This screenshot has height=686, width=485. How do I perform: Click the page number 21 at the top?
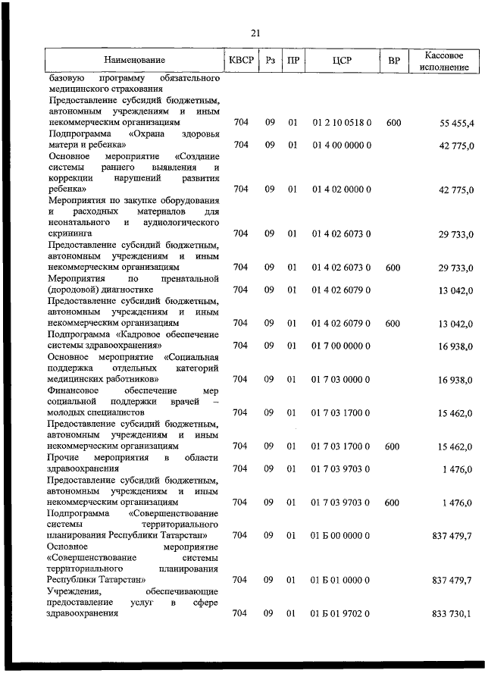coord(255,32)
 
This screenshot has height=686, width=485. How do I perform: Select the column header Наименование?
coord(135,60)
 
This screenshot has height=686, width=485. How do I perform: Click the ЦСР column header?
coord(341,60)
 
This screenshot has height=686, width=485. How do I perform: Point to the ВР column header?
coord(393,60)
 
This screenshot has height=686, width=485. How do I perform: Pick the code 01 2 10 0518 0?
coord(341,123)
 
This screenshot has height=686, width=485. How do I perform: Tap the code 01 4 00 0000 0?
coord(341,145)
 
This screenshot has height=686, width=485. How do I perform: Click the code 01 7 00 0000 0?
coord(341,346)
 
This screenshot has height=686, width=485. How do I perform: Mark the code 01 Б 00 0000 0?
coord(341,535)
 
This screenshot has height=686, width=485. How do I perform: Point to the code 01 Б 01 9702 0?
coord(341,613)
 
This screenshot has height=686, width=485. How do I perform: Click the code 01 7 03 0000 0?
coord(341,379)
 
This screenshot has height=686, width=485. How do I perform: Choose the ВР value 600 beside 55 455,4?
coord(393,123)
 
